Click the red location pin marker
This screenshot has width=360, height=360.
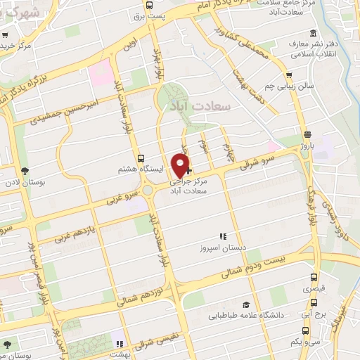point(181,165)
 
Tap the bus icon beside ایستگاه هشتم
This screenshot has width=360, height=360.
point(141,159)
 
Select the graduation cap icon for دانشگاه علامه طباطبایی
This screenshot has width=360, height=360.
point(246,304)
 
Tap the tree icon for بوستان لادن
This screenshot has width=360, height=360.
point(25,171)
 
